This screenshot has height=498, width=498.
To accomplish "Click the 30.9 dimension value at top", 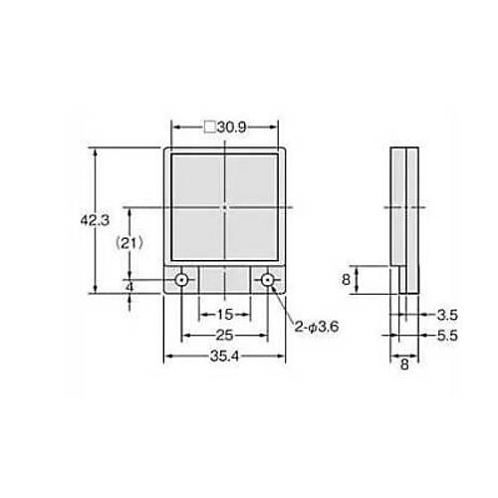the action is click(232, 127).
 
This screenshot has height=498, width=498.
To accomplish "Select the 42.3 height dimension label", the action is click(95, 220).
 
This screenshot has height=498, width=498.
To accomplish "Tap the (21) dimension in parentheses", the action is click(129, 244).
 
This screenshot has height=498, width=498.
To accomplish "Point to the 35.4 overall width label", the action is click(224, 357).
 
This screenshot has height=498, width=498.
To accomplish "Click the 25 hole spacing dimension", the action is click(224, 336).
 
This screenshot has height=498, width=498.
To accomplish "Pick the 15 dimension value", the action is click(225, 315).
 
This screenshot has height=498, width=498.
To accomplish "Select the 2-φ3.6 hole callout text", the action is click(317, 328).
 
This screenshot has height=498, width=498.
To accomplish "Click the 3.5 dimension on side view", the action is click(447, 315).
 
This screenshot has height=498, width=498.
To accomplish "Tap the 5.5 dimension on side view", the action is click(447, 336).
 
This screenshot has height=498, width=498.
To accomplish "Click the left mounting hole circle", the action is click(181, 281).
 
